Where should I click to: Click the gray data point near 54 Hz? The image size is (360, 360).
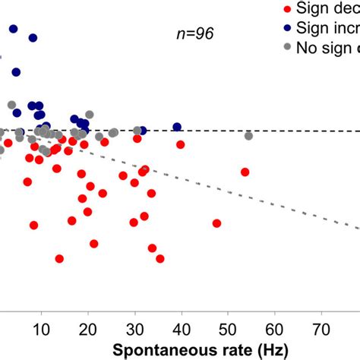click(x=248, y=136)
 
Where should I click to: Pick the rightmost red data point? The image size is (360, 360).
click(x=245, y=172)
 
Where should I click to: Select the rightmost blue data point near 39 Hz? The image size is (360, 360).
click(x=177, y=127)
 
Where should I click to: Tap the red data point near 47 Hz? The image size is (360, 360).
click(x=216, y=223)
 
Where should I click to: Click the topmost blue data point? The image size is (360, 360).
click(x=13, y=29)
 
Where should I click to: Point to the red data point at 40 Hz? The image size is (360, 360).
click(x=181, y=144)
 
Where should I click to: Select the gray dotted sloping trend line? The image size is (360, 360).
click(x=289, y=200)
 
